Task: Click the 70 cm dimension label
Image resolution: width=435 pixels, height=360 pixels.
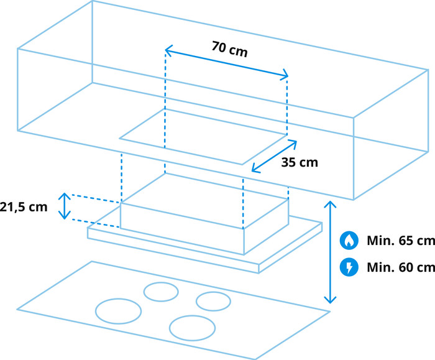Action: pyautogui.click(x=229, y=49)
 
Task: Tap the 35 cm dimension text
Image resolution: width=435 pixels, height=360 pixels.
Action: pyautogui.click(x=300, y=162)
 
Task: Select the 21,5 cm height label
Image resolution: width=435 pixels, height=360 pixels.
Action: pyautogui.click(x=24, y=207)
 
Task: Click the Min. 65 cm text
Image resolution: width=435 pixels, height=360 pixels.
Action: pyautogui.click(x=401, y=241)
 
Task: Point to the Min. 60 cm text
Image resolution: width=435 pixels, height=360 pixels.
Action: pyautogui.click(x=401, y=267)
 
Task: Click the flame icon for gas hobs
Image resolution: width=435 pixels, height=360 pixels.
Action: pyautogui.click(x=349, y=241)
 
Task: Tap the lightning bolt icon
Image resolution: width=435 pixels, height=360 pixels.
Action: pyautogui.click(x=349, y=267)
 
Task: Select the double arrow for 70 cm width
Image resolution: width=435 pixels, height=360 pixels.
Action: pyautogui.click(x=227, y=63)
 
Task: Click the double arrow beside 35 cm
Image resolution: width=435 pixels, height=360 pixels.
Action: pyautogui.click(x=274, y=157)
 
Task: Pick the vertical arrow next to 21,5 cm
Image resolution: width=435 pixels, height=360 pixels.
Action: pyautogui.click(x=65, y=206)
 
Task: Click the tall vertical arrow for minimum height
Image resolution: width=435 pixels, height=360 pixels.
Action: pyautogui.click(x=330, y=252)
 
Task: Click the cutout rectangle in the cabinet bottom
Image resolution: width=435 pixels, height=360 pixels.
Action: pyautogui.click(x=203, y=137)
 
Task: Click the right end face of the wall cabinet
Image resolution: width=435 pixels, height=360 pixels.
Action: pyautogui.click(x=391, y=135)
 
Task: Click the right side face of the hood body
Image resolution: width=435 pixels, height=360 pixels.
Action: pyautogui.click(x=267, y=227)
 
